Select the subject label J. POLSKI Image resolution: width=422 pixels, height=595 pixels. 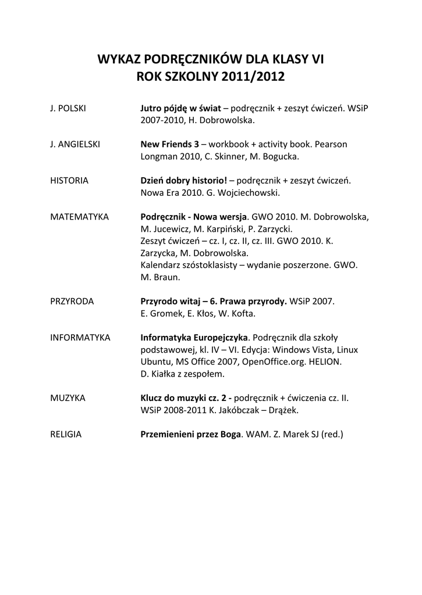68,108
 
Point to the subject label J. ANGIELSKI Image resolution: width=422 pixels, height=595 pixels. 75,144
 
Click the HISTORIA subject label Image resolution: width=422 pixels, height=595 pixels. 69,180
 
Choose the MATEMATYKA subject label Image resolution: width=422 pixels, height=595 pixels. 79,217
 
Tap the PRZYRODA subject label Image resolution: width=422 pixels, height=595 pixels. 72,302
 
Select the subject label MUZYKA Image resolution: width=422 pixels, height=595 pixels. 68,398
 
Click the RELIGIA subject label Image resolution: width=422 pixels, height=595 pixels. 66,434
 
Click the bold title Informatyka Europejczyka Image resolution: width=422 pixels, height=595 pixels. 194,338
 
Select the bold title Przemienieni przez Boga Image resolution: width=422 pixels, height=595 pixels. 190,434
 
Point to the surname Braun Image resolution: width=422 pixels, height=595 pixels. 169,277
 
